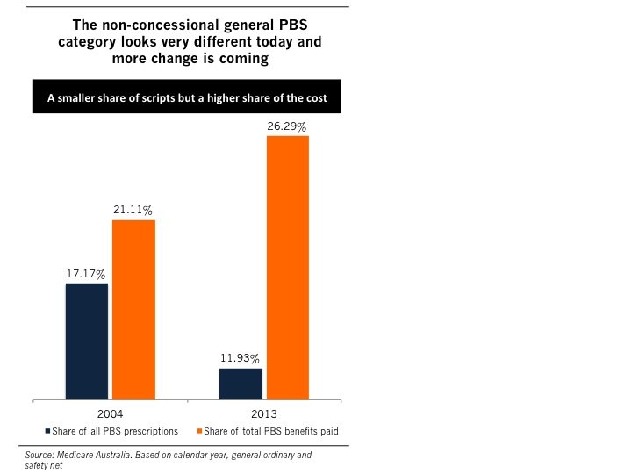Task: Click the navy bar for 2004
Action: pos(87,341)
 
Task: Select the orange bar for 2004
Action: pos(133,309)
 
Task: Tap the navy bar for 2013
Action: pos(241,383)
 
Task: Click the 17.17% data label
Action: pos(86,274)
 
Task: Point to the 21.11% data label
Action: pos(133,211)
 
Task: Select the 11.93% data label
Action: pos(241,359)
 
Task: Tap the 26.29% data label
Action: pos(288,127)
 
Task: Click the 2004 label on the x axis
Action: pos(110,412)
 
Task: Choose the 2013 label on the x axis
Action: pos(264,412)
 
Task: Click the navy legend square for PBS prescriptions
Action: pos(48,430)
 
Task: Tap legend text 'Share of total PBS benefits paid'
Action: pos(271,430)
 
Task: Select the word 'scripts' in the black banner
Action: pos(171,98)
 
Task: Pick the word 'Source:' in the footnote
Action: pos(39,456)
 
